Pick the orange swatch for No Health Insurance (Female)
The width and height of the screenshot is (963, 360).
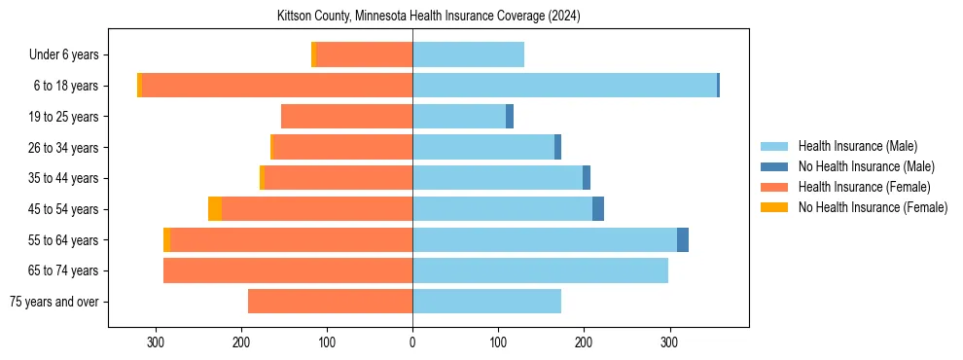[774, 207]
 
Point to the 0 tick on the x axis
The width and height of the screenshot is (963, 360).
[412, 342]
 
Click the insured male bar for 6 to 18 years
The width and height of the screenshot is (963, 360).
[564, 86]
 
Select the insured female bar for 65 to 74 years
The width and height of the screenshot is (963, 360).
[288, 270]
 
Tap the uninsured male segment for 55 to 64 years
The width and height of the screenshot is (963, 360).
[683, 239]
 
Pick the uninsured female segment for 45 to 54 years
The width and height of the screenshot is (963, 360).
[215, 209]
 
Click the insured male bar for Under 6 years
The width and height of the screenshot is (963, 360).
[468, 54]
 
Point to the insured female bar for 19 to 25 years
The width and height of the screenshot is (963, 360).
[346, 117]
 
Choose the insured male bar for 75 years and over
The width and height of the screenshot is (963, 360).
[486, 302]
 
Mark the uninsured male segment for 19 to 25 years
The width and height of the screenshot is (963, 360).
[510, 117]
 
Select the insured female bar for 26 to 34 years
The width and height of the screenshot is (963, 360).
[343, 147]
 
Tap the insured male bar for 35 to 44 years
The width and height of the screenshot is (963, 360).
[497, 178]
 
